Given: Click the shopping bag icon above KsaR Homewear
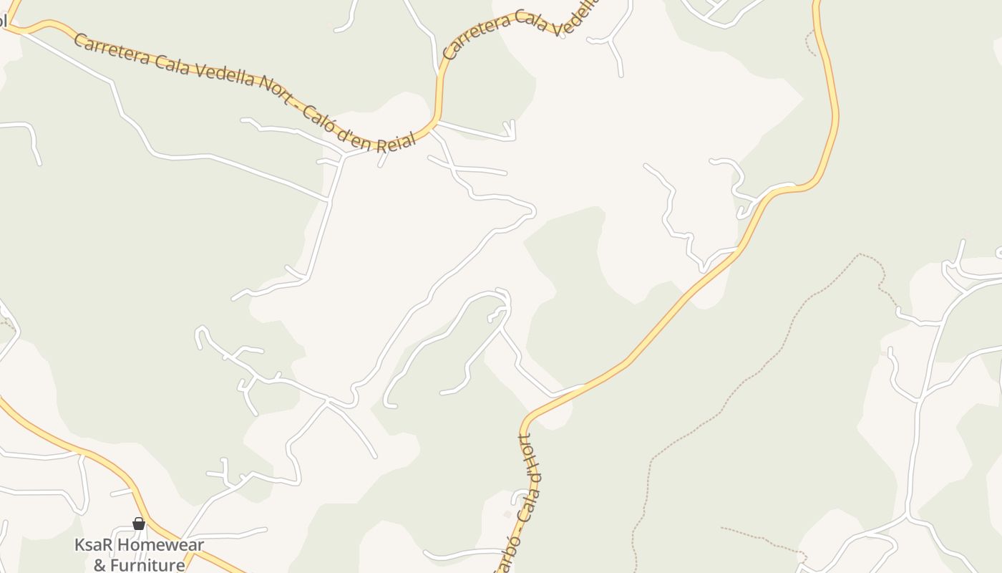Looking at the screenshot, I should pyautogui.click(x=139, y=524).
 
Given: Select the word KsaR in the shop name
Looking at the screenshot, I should pyautogui.click(x=94, y=545).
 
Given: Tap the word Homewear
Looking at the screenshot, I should pyautogui.click(x=160, y=545).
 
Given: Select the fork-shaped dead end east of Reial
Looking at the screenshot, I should pyautogui.click(x=510, y=130).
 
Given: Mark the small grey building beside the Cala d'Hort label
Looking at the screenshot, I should pyautogui.click(x=507, y=514).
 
